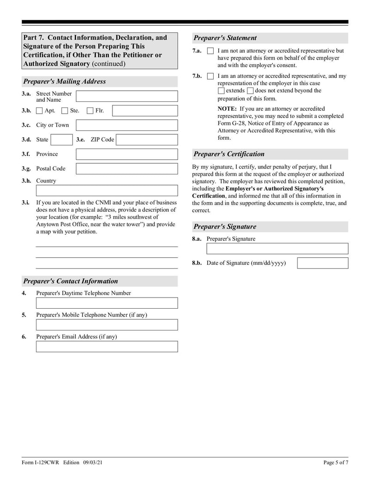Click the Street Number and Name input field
[x=126, y=96]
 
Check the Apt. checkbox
[x=39, y=111]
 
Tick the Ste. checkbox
[x=65, y=111]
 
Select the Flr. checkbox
[x=90, y=111]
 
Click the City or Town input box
[x=126, y=125]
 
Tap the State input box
[x=61, y=140]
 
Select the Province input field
[x=126, y=154]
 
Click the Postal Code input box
[x=126, y=169]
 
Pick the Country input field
[x=106, y=191]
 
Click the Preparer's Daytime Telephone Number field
[x=106, y=303]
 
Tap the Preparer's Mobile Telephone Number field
[x=106, y=325]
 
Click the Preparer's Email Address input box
[x=106, y=347]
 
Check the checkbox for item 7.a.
[x=210, y=51]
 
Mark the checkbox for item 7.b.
[x=210, y=76]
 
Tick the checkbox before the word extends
[x=221, y=91]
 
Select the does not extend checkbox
[x=250, y=91]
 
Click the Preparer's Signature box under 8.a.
[x=277, y=249]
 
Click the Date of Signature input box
[x=322, y=263]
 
